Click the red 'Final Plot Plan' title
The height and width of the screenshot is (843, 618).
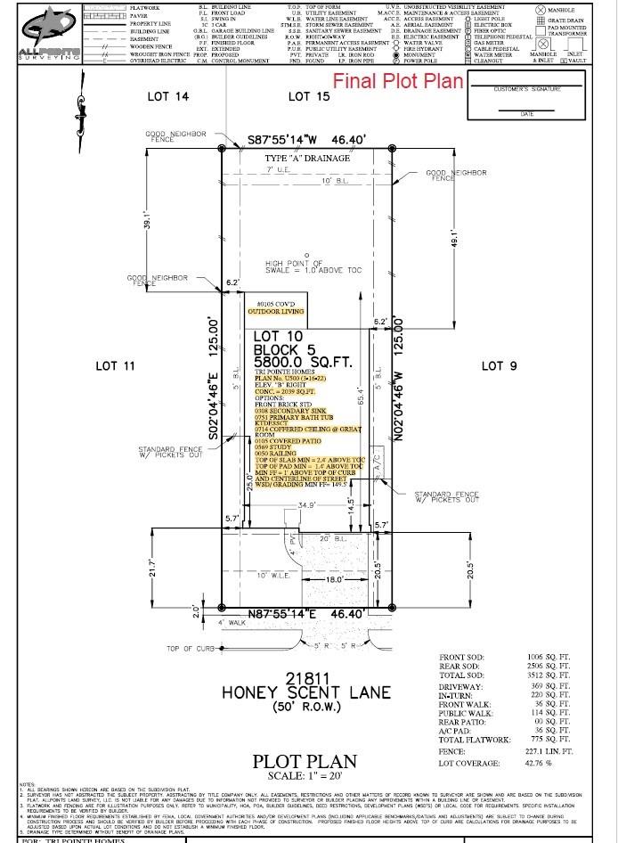pos(398,80)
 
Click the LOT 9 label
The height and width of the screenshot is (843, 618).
pos(499,365)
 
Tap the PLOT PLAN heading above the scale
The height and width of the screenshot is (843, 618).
pos(305,762)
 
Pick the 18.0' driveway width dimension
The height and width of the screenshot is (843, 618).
pos(308,579)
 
